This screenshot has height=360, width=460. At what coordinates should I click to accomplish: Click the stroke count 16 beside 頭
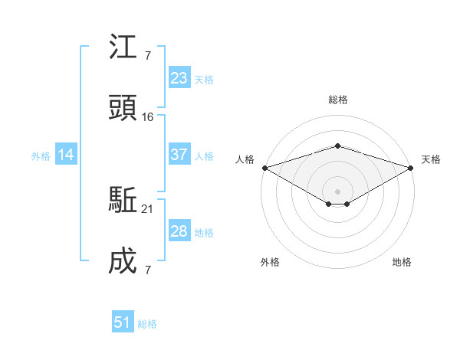pos(148,117)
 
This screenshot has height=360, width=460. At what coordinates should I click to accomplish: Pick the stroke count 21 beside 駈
pos(148,209)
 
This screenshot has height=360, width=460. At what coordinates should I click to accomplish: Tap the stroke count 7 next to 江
pos(147,56)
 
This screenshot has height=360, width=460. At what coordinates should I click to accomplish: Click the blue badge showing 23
pos(179,78)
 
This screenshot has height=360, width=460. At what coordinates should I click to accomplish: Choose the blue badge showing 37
pos(179,155)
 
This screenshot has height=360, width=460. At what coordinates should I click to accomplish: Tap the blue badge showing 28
pos(179,231)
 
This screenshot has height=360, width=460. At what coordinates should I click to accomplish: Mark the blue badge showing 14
pos(66,155)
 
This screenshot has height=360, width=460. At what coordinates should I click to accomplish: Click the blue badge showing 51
pos(123,322)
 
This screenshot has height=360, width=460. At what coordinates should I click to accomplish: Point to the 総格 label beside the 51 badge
pos(147,324)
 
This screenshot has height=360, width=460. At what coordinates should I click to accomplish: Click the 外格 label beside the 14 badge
pos(41,155)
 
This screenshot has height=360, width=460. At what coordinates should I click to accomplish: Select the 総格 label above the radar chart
pos(337,100)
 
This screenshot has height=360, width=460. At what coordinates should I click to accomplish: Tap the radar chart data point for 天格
pos(412,168)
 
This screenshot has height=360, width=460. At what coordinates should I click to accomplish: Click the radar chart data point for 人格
pos(264,168)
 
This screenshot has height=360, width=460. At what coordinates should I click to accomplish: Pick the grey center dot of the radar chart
pos(337,191)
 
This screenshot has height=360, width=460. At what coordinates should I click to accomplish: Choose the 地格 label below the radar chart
pos(402,262)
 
